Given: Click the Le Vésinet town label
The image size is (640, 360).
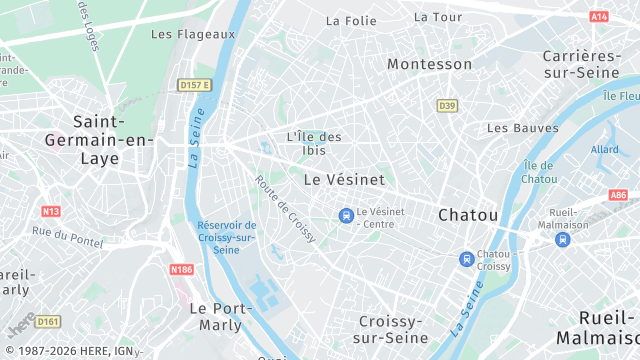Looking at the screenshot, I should (343, 180).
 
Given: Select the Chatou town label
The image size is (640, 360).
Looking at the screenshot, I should (468, 215).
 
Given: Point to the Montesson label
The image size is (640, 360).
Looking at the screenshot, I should (429, 64).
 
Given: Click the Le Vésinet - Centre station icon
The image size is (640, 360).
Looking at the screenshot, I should (346, 215).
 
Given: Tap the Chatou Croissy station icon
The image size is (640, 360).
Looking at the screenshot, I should (466, 259).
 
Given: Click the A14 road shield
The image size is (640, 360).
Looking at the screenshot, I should (599, 17).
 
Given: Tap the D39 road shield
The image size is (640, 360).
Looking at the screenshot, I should (447, 105).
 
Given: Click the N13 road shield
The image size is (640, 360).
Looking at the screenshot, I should (51, 211).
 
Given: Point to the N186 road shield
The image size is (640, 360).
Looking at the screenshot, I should (181, 270).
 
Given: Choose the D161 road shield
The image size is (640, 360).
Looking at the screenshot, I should (49, 322).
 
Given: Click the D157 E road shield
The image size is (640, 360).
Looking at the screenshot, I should (195, 85).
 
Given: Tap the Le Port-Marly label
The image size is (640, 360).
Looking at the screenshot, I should (215, 316).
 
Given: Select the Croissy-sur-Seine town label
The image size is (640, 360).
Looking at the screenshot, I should (393, 329).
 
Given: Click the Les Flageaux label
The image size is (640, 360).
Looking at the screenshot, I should (192, 34).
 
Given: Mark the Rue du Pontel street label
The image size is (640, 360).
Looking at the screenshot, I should (68, 236).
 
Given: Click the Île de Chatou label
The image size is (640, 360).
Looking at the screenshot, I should (538, 171).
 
